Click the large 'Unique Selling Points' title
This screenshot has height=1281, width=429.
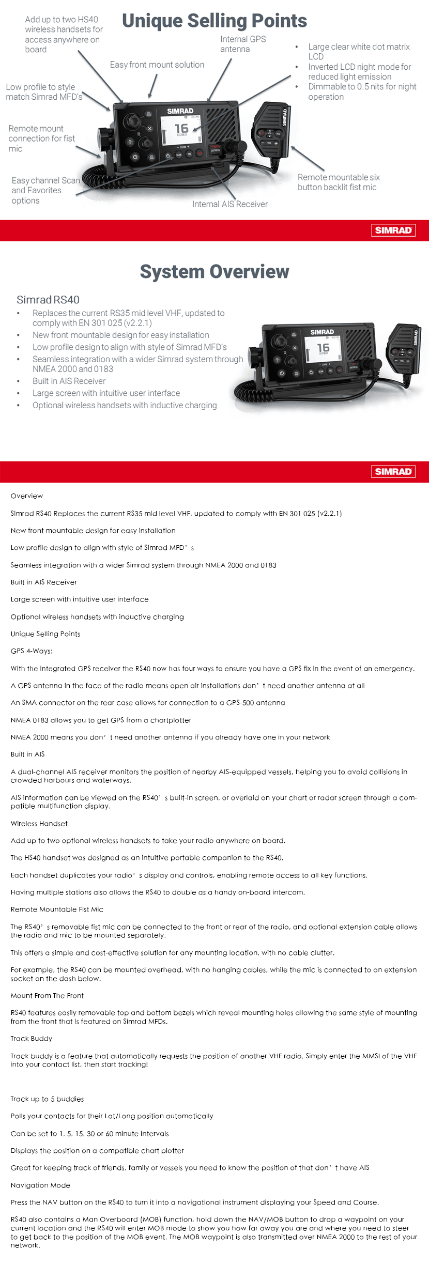pyautogui.click(x=214, y=21)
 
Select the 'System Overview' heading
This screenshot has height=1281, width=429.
pyautogui.click(x=214, y=271)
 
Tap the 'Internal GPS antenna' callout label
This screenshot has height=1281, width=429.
pyautogui.click(x=242, y=44)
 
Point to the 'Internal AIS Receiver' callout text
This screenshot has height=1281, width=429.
pyautogui.click(x=229, y=204)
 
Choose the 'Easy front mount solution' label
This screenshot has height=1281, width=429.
pyautogui.click(x=157, y=65)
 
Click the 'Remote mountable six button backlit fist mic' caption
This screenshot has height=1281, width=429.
pyautogui.click(x=338, y=182)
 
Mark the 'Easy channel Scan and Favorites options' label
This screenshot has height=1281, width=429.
pyautogui.click(x=45, y=190)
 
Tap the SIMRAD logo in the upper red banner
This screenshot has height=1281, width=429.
pyautogui.click(x=393, y=230)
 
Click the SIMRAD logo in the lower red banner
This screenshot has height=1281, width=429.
pyautogui.click(x=393, y=471)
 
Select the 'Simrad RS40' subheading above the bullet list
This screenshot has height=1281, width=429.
pyautogui.click(x=48, y=300)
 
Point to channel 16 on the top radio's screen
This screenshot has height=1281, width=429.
pyautogui.click(x=181, y=128)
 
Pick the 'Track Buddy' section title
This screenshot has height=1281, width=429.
pyautogui.click(x=31, y=1039)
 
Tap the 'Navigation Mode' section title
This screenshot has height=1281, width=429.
pyautogui.click(x=40, y=1185)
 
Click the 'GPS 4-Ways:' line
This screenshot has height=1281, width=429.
pyautogui.click(x=32, y=651)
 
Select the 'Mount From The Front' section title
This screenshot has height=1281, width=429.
pyautogui.click(x=47, y=996)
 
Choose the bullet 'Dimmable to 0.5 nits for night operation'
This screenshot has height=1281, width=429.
pyautogui.click(x=362, y=91)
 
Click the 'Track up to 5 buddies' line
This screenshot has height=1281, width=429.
pyautogui.click(x=47, y=1099)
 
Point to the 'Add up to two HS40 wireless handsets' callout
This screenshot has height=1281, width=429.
pyautogui.click(x=63, y=34)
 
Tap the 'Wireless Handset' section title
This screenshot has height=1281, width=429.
pyautogui.click(x=39, y=824)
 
